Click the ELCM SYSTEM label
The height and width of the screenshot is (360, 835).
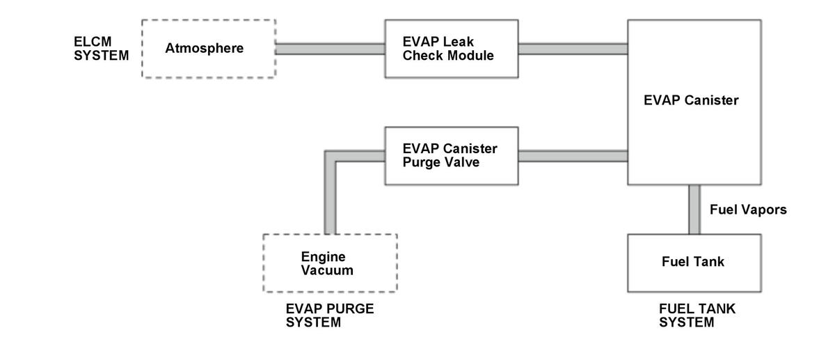click(x=101, y=49)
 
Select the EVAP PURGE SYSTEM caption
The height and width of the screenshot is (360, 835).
click(x=330, y=315)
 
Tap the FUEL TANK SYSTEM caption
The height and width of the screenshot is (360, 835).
click(x=697, y=315)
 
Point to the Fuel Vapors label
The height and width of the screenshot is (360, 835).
click(x=748, y=210)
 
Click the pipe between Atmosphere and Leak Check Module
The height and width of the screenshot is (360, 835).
click(x=331, y=49)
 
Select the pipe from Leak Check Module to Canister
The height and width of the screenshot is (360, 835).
click(x=573, y=49)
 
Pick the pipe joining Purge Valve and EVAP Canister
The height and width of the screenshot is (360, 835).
click(x=573, y=156)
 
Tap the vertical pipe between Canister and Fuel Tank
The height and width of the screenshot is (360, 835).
click(x=694, y=210)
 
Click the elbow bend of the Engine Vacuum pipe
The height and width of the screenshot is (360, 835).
click(x=331, y=156)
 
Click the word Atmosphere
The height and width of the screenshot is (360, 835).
click(x=205, y=48)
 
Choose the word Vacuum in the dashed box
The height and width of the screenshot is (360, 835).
click(x=327, y=270)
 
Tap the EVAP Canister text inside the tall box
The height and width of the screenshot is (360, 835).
click(x=691, y=100)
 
